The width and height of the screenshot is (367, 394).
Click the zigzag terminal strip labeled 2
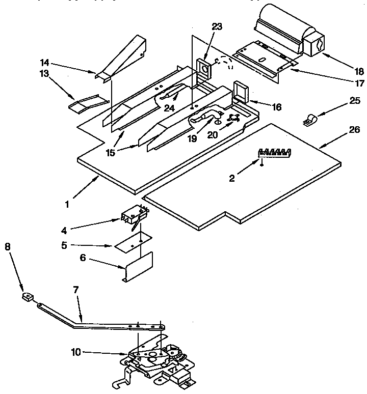[x=275, y=151]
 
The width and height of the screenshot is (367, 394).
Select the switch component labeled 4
[x=133, y=214]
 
